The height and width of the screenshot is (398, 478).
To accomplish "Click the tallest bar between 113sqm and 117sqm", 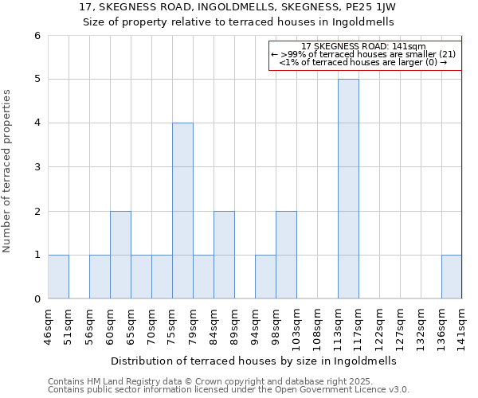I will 348,189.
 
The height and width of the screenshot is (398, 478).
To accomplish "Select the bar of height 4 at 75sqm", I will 182,211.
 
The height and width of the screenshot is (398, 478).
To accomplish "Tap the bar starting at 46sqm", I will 58,277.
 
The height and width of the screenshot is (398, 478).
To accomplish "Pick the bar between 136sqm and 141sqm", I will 452,277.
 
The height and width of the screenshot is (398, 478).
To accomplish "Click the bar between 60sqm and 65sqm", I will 120,255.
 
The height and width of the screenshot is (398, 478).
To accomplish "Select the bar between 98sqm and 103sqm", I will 286,255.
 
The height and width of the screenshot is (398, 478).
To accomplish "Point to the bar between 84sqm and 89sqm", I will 224,255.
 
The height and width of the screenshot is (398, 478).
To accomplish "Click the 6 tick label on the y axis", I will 37,36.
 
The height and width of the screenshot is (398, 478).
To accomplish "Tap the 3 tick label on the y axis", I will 37,167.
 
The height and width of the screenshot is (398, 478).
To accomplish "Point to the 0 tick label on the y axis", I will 37,299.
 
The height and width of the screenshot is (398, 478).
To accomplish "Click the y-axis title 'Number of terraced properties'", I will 7,170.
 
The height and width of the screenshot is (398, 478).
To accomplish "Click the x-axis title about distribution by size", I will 253,361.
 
